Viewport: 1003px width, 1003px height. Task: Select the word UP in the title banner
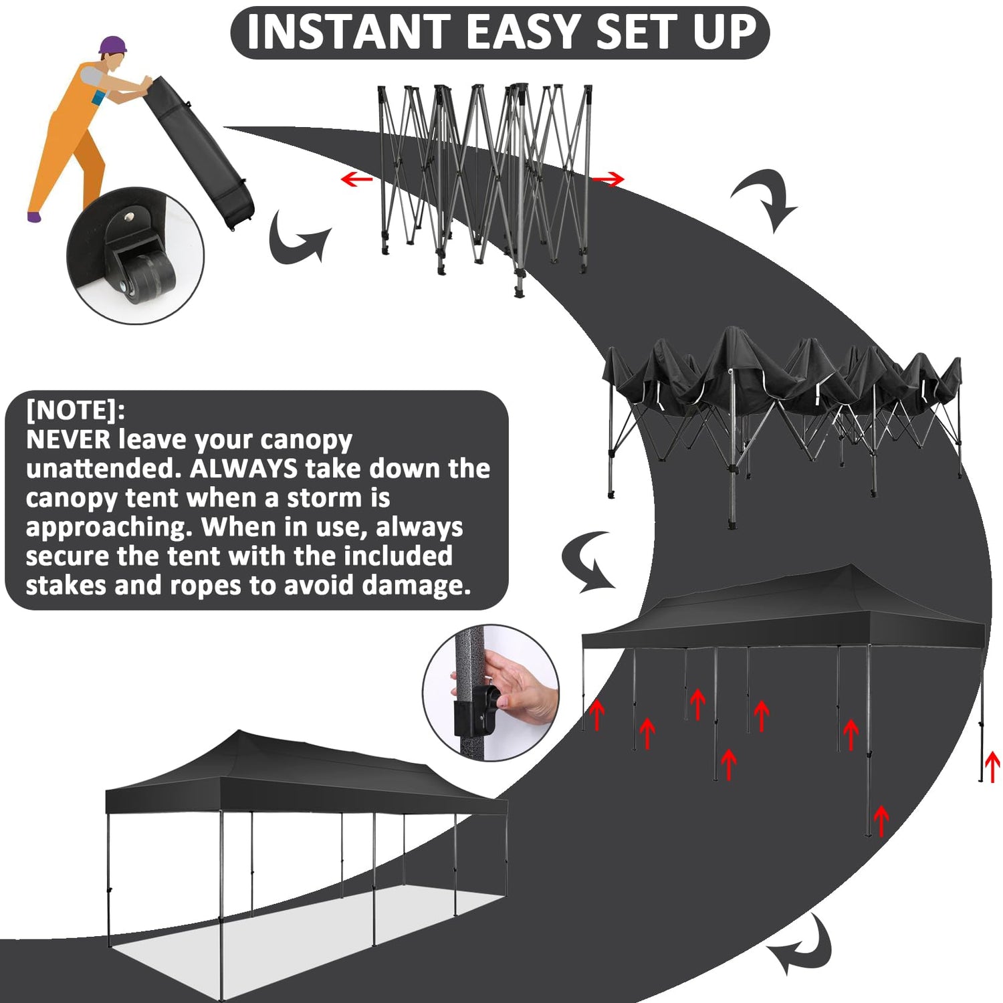724,31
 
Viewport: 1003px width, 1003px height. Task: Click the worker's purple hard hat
112,45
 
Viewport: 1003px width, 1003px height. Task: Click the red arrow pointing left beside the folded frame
356,179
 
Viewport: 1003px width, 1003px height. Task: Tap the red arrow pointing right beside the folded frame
608,179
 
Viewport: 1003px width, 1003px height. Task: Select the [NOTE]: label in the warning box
76,410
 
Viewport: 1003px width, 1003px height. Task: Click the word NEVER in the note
68,439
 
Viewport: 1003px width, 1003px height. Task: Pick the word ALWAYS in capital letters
243,469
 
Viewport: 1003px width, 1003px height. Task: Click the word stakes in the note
67,585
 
